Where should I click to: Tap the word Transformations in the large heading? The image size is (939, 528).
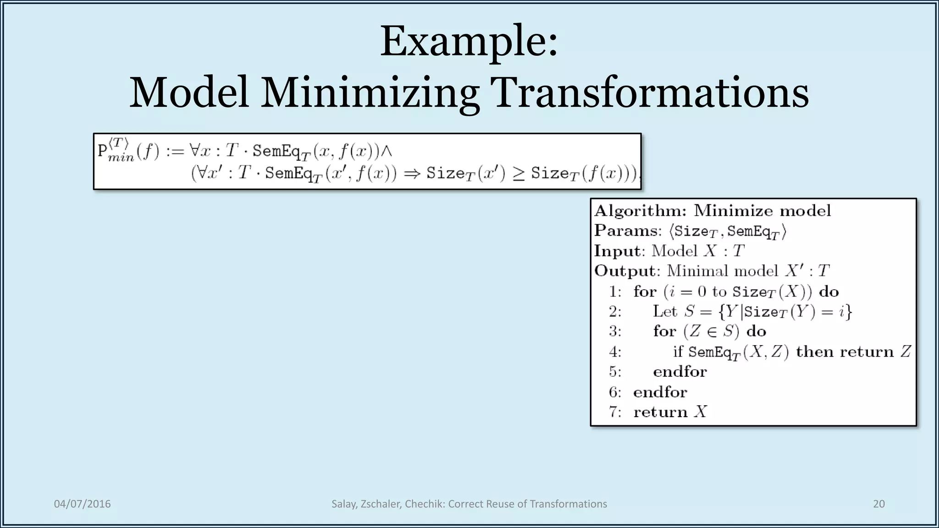pos(649,93)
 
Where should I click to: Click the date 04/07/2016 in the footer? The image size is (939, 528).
pos(83,504)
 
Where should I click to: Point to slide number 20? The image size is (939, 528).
pos(878,504)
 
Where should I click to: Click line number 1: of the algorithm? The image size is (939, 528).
pos(615,291)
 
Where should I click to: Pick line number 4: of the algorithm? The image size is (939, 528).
pos(615,352)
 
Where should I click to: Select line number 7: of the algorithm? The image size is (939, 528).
pos(615,412)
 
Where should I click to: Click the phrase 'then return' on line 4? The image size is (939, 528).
pos(845,352)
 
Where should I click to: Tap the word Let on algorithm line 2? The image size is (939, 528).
pos(665,311)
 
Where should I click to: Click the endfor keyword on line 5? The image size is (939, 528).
pos(680,371)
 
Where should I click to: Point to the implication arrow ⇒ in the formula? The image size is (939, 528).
pos(412,173)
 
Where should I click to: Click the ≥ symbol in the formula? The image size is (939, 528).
pos(518,174)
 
